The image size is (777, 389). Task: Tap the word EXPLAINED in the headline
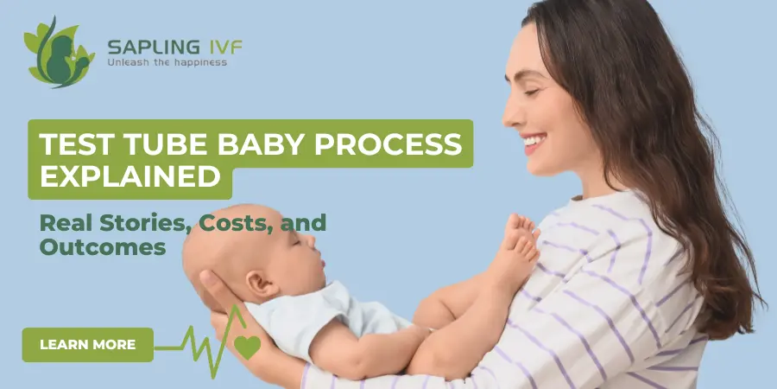pos(130,178)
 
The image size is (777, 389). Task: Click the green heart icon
pos(248,347)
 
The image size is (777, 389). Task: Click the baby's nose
pos(324,252)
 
